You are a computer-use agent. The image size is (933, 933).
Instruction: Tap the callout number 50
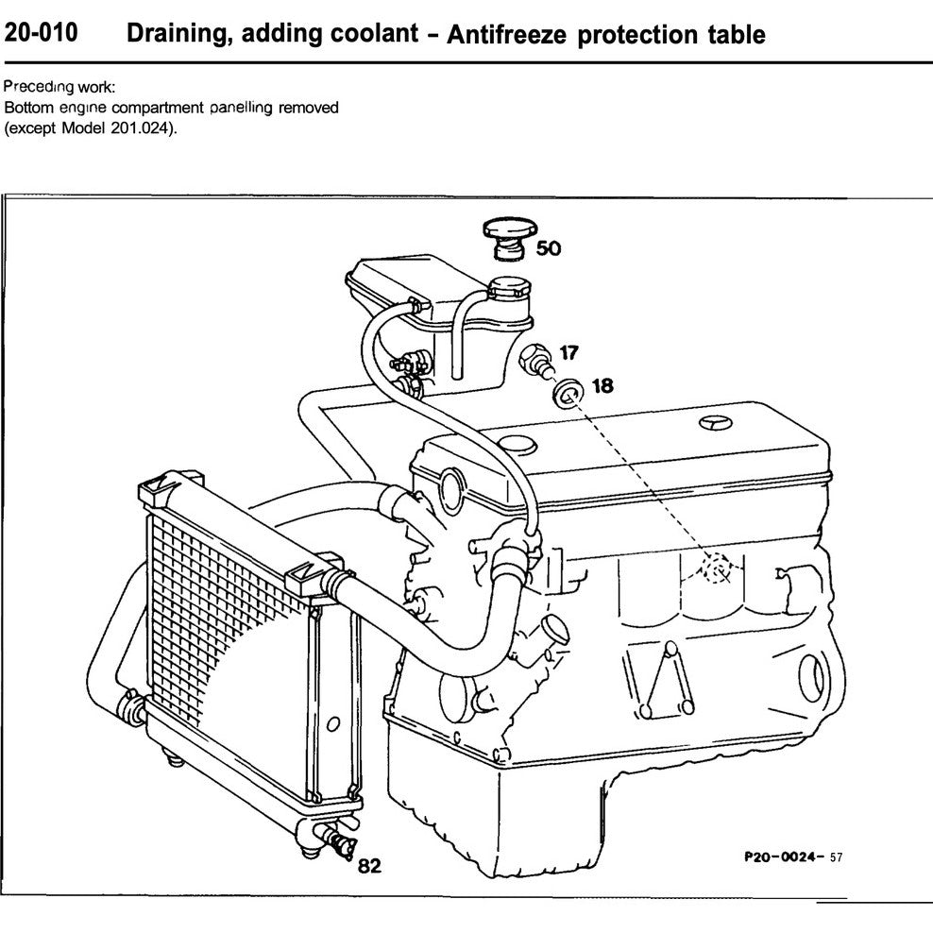tap(548, 248)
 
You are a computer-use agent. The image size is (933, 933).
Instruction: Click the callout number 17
tap(569, 353)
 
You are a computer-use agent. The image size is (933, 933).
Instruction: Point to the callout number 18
tap(602, 385)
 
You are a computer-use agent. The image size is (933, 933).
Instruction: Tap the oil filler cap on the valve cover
tap(516, 444)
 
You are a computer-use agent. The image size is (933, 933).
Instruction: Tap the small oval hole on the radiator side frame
tap(331, 724)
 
